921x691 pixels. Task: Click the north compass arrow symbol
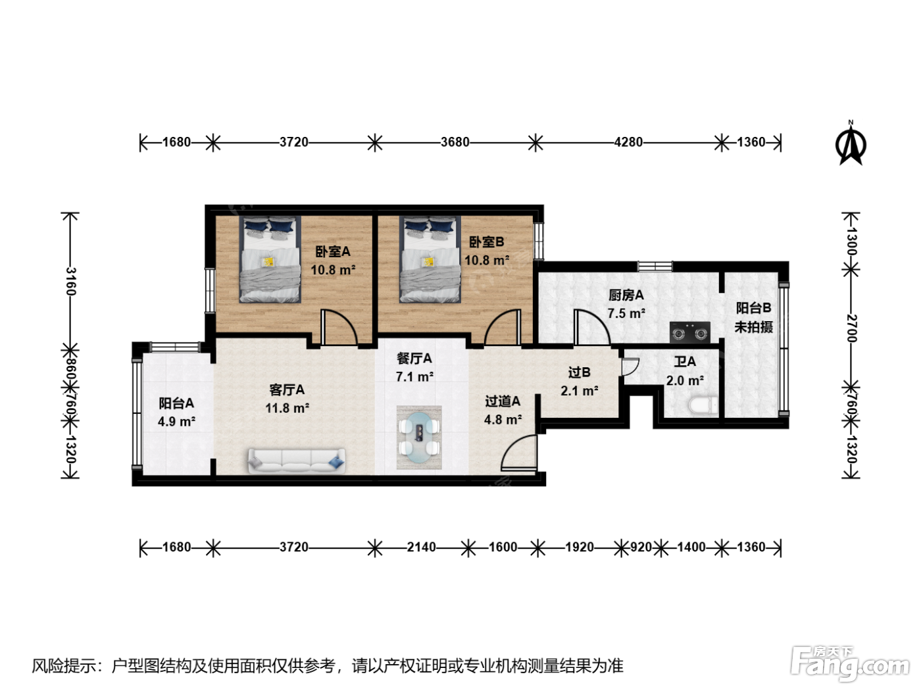click(851, 144)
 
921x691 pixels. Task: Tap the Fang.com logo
click(850, 663)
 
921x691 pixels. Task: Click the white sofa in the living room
click(297, 461)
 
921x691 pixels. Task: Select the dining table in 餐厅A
click(419, 437)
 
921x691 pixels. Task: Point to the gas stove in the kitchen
click(690, 333)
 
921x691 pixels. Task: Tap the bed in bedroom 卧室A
click(270, 259)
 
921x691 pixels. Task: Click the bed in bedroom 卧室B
click(430, 259)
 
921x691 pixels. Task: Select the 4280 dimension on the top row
click(628, 142)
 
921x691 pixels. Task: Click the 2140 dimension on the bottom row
click(421, 547)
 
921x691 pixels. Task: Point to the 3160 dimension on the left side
click(70, 281)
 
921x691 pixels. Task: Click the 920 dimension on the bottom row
click(641, 547)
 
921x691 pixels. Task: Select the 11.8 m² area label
click(287, 408)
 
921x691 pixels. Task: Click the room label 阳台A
click(176, 403)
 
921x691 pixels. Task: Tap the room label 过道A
click(503, 401)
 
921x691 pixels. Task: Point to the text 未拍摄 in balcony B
click(754, 327)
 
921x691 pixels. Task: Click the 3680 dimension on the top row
click(455, 142)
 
